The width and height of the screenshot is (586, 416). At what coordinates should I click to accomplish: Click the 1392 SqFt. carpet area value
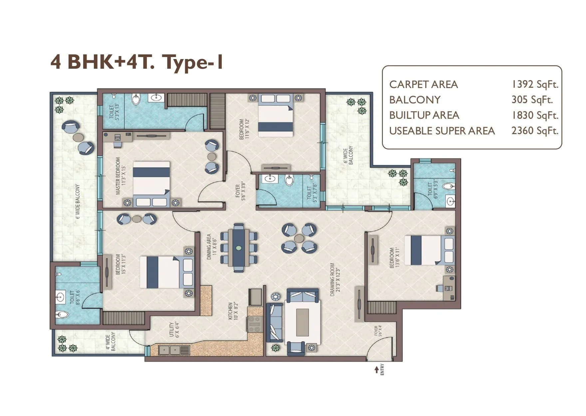[x=534, y=84]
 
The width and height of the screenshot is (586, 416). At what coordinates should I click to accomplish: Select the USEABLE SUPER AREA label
[x=442, y=131]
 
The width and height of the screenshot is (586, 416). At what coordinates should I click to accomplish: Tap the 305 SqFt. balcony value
[x=532, y=100]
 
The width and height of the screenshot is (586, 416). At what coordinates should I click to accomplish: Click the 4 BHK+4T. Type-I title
[x=137, y=62]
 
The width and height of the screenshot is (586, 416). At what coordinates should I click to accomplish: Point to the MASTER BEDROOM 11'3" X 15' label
[x=120, y=176]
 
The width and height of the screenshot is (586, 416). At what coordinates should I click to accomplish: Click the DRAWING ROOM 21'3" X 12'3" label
[x=334, y=280]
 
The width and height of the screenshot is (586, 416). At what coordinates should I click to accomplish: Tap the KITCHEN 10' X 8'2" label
[x=232, y=311]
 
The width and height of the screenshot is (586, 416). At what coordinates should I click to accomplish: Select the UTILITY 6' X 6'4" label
[x=174, y=330]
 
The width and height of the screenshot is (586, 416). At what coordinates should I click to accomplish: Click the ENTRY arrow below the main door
[x=377, y=370]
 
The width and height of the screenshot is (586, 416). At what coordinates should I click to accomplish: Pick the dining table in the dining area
[x=239, y=248]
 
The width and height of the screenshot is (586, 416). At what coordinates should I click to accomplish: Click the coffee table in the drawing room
[x=302, y=322]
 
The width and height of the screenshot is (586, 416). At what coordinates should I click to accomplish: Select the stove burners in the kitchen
[x=254, y=324]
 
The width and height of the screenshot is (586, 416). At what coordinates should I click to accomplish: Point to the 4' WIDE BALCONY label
[x=110, y=341]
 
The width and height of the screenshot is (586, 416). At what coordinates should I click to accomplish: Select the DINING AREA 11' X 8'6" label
[x=211, y=247]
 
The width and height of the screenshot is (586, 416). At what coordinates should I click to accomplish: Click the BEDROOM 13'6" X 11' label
[x=394, y=258]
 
